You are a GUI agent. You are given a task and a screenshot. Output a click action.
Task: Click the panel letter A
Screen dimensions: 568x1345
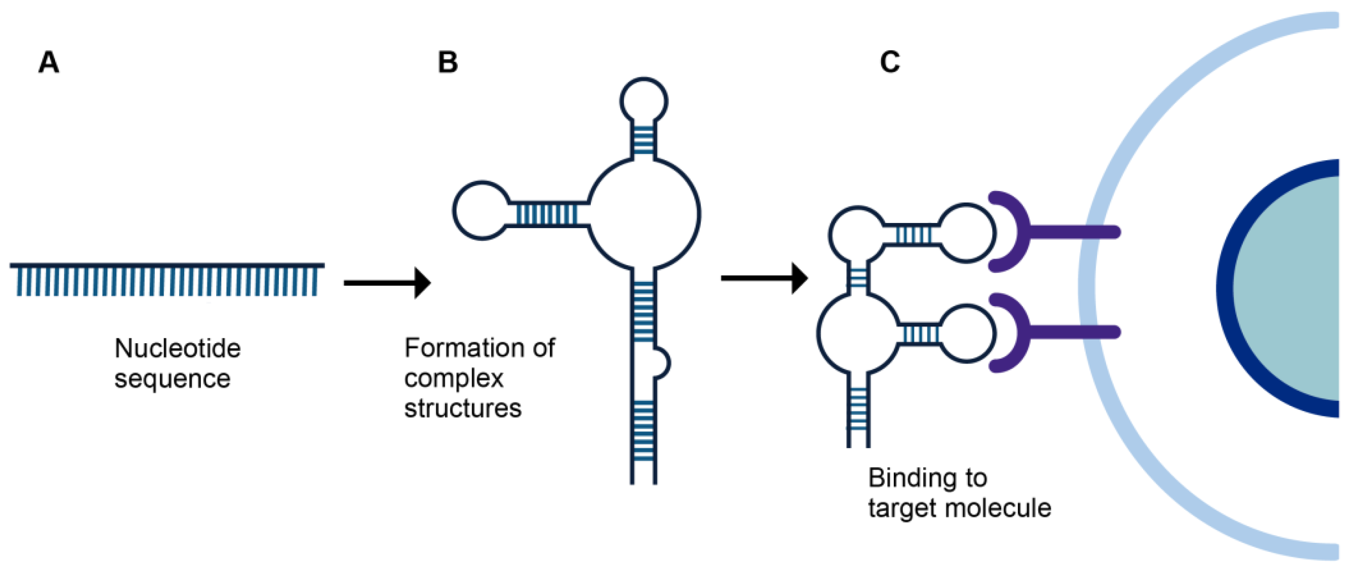click(48, 63)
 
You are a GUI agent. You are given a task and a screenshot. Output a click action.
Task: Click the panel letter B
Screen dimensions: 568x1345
click(447, 63)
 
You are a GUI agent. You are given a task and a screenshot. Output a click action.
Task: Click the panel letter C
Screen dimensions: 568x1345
click(890, 63)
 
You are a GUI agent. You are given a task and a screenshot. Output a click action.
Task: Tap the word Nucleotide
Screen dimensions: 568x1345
click(178, 348)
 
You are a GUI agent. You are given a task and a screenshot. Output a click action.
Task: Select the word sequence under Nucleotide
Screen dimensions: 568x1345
click(172, 379)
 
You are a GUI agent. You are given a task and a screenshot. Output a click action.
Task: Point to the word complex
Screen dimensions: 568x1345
click(454, 378)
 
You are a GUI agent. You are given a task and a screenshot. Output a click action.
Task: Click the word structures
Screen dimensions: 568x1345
click(463, 408)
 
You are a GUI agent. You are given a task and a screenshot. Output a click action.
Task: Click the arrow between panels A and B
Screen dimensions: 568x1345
click(387, 283)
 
